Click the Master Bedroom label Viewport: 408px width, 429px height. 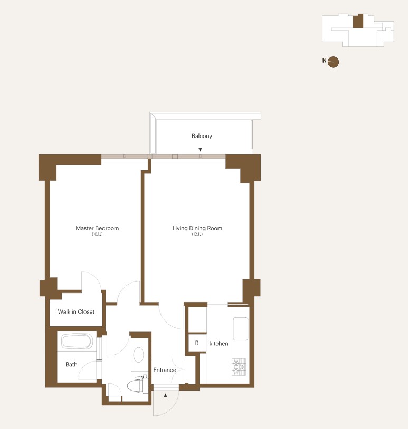point(97,228)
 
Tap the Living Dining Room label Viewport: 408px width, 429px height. point(197,228)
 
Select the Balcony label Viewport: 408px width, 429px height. point(202,136)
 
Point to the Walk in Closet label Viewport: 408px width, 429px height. point(76,311)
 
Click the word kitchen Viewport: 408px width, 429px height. point(219,344)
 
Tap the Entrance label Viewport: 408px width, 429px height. point(165,370)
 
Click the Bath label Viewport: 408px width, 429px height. point(71,364)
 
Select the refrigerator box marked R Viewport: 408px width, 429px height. point(197,343)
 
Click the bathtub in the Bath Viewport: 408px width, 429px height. point(77,342)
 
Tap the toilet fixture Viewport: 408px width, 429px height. point(138,385)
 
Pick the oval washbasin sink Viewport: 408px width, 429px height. point(138,355)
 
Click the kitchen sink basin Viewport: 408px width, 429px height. point(241,328)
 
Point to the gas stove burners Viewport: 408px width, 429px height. point(239,367)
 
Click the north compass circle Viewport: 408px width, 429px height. point(333,62)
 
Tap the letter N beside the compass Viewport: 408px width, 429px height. point(325,61)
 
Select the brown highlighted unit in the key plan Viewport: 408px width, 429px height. point(358,21)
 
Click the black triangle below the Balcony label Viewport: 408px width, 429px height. point(200,150)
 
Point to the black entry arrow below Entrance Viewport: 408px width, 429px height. point(166,395)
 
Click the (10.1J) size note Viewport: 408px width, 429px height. point(97,234)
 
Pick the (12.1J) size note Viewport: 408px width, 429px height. point(197,234)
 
